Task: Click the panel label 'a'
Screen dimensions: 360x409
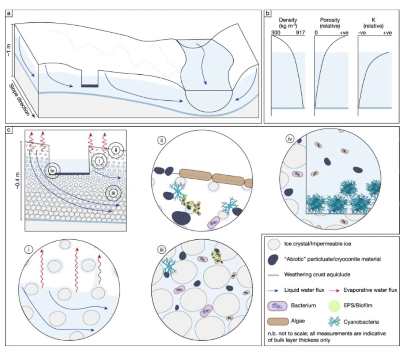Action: [x=8, y=13]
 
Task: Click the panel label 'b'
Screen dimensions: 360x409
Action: [x=268, y=13]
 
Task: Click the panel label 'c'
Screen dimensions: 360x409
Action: [x=8, y=131]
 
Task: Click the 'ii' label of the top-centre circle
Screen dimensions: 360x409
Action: [x=161, y=140]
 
